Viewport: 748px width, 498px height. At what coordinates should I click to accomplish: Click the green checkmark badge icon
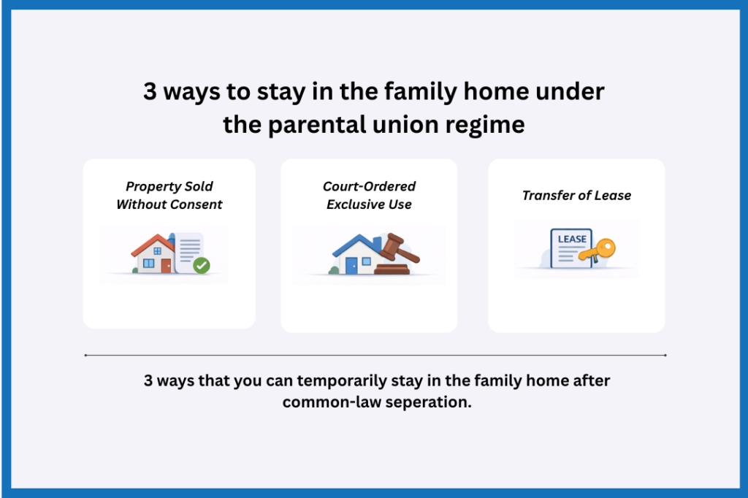pos(201,266)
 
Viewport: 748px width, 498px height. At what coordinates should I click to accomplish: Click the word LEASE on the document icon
pos(572,240)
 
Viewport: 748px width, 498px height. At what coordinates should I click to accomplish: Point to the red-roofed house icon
pos(154,255)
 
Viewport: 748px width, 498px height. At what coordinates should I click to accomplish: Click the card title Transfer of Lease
pos(576,195)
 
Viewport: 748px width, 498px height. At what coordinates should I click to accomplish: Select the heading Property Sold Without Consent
pos(169,195)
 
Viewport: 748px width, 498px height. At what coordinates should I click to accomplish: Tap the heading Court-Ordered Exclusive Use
pos(369,195)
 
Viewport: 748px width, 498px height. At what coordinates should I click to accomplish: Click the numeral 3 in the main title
pos(150,93)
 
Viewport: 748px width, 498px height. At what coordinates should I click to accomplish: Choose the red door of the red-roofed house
pos(166,266)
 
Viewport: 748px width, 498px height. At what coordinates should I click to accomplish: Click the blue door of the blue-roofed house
pos(351,267)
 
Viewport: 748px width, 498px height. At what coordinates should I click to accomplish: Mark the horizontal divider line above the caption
pos(375,356)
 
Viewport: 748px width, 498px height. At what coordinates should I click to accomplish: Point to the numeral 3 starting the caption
pos(148,382)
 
